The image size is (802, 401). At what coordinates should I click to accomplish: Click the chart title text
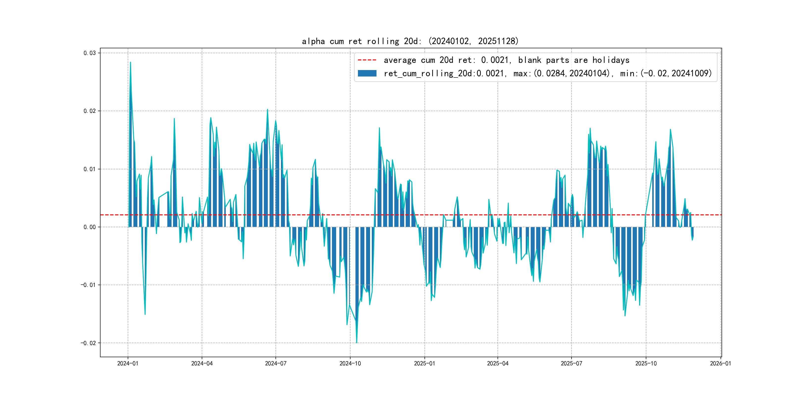[x=410, y=41]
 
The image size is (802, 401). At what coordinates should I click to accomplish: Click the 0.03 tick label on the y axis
[x=89, y=53]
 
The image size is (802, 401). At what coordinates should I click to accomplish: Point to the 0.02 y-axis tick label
[x=89, y=111]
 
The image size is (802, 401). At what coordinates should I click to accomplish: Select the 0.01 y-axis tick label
[x=89, y=169]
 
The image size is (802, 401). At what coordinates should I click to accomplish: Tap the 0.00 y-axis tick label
[x=89, y=227]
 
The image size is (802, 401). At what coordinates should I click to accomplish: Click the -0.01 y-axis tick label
[x=88, y=285]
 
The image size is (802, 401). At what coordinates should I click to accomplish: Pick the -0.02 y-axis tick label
[x=88, y=343]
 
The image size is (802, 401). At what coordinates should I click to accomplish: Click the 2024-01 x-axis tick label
[x=128, y=363]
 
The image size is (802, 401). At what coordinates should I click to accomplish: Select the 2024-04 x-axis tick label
[x=202, y=363]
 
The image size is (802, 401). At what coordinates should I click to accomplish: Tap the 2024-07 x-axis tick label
[x=276, y=363]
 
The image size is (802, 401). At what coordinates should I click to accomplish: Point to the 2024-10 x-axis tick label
[x=350, y=363]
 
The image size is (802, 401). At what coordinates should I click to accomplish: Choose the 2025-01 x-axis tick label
[x=424, y=363]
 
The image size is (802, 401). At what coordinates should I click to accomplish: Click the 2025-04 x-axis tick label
[x=498, y=363]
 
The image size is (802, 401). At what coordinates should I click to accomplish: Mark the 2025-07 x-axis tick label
[x=571, y=363]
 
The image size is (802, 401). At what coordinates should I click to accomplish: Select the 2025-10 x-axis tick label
[x=646, y=363]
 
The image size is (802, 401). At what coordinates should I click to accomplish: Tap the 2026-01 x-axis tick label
[x=720, y=363]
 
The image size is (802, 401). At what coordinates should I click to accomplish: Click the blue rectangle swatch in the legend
[x=367, y=74]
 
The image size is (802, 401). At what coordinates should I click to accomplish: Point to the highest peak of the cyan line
[x=130, y=62]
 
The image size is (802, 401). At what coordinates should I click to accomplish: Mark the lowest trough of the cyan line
[x=356, y=343]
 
